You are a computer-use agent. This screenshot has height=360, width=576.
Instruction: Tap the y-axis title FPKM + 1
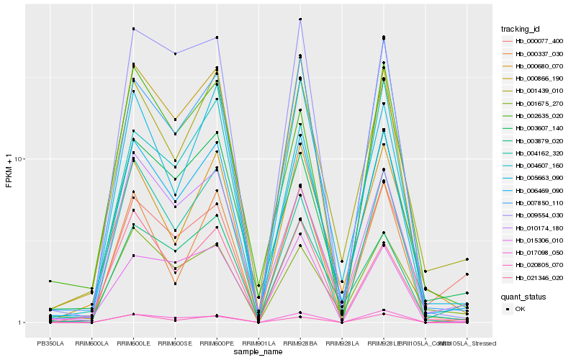(x=9, y=174)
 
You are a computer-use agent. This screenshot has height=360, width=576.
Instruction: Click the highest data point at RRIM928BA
(x=300, y=19)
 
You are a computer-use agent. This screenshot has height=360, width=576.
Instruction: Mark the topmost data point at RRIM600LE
(x=133, y=29)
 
